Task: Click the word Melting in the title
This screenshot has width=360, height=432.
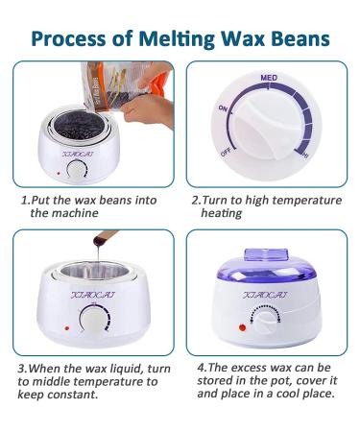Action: [x=177, y=39]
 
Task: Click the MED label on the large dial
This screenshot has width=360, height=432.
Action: [x=269, y=78]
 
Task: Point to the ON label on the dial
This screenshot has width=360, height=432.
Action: [x=223, y=108]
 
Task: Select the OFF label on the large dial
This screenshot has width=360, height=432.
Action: [x=226, y=153]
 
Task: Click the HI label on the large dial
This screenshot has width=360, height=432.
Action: [x=306, y=156]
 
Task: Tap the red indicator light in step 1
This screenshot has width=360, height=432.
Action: [x=59, y=174]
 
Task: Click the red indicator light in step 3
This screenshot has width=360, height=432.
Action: [x=67, y=328]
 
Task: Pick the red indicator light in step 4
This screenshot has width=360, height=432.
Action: [x=242, y=327]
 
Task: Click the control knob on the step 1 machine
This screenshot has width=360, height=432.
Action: [x=77, y=169]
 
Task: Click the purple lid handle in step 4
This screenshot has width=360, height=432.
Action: [x=266, y=254]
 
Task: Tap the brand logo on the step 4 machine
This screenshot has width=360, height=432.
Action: [x=265, y=295]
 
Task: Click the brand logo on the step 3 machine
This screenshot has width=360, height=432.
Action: [x=93, y=295]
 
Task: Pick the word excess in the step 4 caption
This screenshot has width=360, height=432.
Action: [x=249, y=368]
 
